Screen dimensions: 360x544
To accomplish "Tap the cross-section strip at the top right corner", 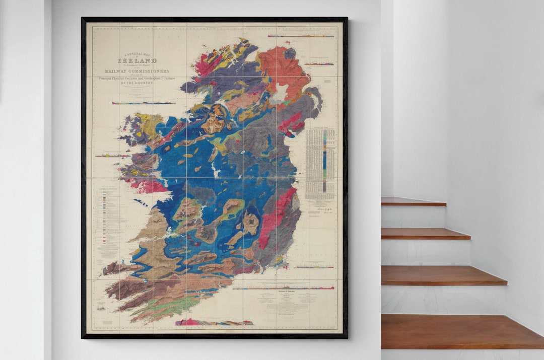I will click(301, 36).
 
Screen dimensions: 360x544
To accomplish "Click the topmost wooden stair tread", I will click(413, 201).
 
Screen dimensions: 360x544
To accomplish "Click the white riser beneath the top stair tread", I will click(413, 217).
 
